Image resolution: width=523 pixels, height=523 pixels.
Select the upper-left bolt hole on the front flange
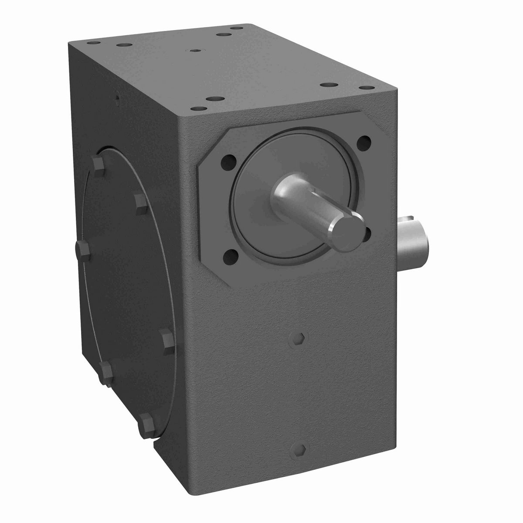(x=228, y=161)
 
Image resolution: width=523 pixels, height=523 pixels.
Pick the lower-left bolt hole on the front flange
(x=232, y=257)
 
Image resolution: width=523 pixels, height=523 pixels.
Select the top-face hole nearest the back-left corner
(x=93, y=44)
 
